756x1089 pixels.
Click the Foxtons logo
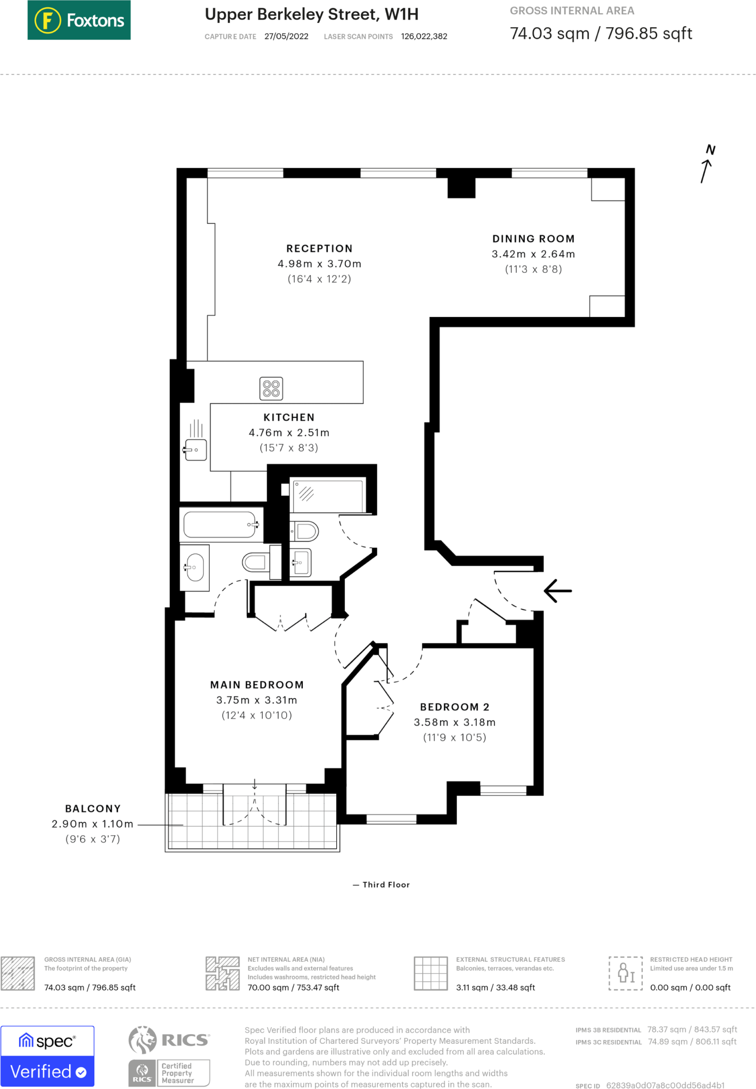point(79,20)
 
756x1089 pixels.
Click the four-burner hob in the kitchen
point(271,388)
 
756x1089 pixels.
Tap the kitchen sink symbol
point(196,450)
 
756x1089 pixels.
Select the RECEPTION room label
point(319,248)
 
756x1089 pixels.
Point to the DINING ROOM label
point(533,239)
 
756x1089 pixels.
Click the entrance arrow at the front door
point(558,591)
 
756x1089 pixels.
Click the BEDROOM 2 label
point(454,707)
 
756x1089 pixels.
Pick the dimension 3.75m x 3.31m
point(256,700)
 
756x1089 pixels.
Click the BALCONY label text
point(93,808)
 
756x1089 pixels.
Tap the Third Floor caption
point(386,884)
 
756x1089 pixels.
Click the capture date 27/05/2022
point(286,36)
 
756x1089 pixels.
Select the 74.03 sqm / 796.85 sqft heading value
point(601,33)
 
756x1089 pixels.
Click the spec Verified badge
point(47,1056)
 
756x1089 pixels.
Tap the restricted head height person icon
point(625,973)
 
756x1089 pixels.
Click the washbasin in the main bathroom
point(195,567)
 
